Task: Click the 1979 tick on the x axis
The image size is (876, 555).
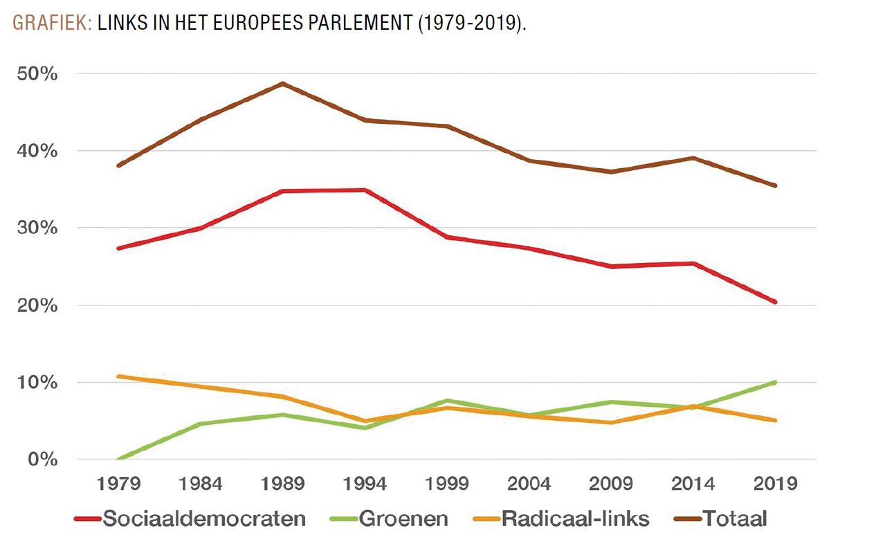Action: coord(120,483)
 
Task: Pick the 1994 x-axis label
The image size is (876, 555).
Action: coord(365,483)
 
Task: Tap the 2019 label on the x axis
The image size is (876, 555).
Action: coord(775,483)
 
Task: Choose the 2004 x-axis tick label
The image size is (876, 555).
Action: coord(529,483)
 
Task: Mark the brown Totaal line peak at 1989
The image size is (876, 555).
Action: coord(283,84)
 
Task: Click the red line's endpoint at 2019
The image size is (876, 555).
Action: coord(775,302)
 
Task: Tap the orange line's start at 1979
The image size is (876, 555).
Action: coord(120,376)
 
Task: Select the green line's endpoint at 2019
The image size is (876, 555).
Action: coord(775,382)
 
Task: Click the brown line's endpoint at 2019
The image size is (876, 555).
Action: coord(775,185)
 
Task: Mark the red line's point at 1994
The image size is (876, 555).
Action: coord(365,190)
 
